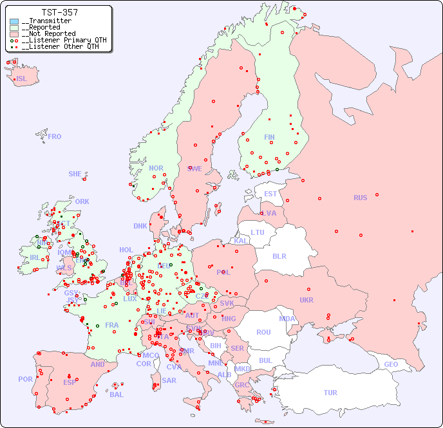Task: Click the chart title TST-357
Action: click(59, 12)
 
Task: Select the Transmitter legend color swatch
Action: click(14, 21)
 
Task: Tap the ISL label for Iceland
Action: click(21, 79)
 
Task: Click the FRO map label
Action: click(55, 136)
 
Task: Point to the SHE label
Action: click(75, 174)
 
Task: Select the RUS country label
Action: click(360, 198)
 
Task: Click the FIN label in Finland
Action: click(269, 137)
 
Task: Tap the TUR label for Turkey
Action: click(330, 393)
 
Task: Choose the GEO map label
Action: click(391, 364)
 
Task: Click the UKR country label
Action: click(306, 300)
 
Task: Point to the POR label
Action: click(25, 379)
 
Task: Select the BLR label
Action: click(279, 256)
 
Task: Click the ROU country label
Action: click(263, 332)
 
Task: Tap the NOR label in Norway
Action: click(156, 168)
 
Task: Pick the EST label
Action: click(270, 194)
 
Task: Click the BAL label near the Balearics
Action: click(116, 395)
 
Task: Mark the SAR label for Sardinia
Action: click(169, 380)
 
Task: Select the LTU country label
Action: click(258, 232)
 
